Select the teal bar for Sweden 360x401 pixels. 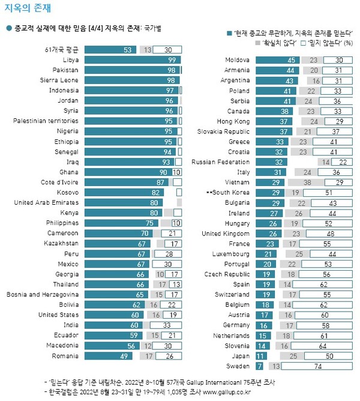click(x=259, y=366)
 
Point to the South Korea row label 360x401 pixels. click(x=227, y=193)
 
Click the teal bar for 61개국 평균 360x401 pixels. click(x=112, y=50)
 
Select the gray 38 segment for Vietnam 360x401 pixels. click(x=307, y=182)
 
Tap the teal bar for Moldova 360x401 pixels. click(x=277, y=60)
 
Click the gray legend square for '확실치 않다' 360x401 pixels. click(x=259, y=43)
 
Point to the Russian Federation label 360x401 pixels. click(x=220, y=162)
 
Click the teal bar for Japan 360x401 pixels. click(x=262, y=355)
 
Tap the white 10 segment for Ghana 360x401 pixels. click(x=176, y=172)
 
